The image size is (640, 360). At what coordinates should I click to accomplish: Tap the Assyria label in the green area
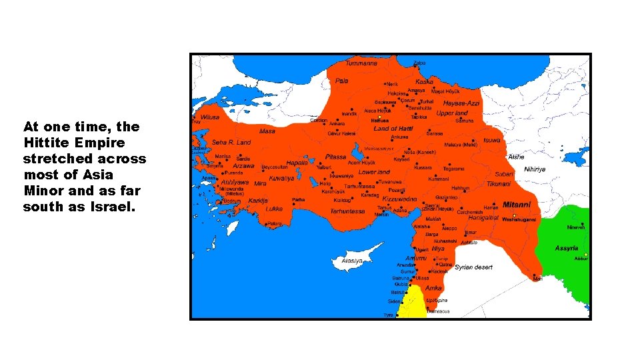(567, 248)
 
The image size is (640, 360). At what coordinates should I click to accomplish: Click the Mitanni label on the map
(517, 205)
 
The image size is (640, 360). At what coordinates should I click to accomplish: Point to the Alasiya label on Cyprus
(352, 261)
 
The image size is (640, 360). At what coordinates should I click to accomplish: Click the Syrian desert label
(473, 267)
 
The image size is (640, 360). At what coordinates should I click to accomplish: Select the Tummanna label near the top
(361, 63)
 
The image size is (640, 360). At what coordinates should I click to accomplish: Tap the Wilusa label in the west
(210, 116)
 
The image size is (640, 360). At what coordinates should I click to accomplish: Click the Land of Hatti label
(393, 128)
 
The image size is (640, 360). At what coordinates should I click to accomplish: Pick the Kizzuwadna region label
(399, 199)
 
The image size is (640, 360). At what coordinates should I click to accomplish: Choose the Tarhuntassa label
(347, 211)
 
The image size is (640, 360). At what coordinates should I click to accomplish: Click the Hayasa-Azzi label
(461, 103)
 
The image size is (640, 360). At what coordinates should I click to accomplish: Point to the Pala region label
(341, 81)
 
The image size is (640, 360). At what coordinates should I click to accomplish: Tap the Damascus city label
(438, 311)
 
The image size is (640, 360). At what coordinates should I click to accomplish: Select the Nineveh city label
(576, 227)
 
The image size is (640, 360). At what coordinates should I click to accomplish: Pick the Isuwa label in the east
(491, 141)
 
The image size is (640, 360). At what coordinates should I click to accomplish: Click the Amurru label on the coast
(416, 258)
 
